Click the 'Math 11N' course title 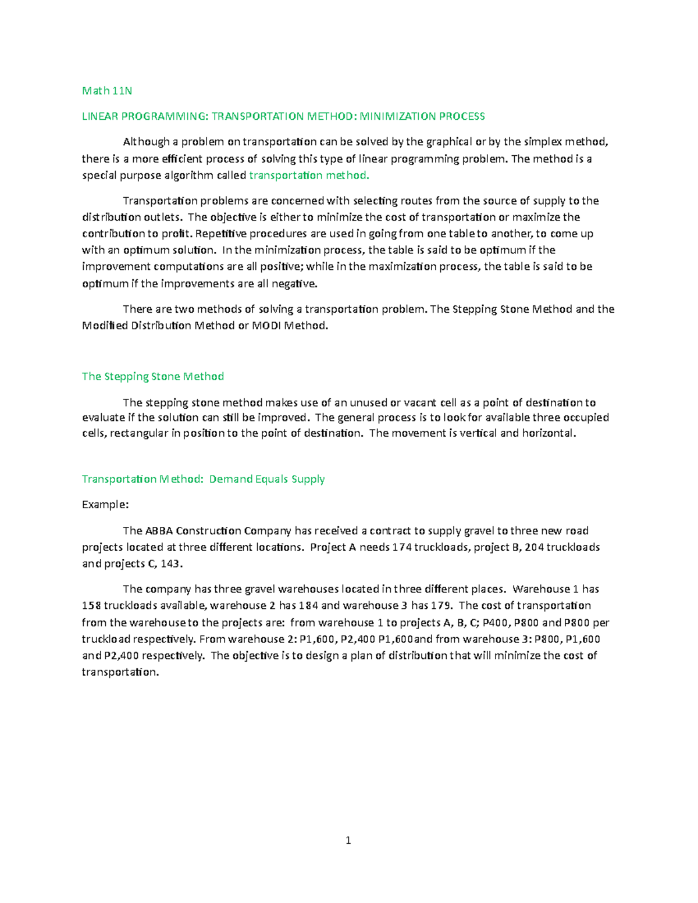pyautogui.click(x=107, y=90)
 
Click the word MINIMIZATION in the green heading pyautogui.click(x=397, y=116)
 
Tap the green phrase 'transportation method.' pyautogui.click(x=309, y=175)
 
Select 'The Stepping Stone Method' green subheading pyautogui.click(x=153, y=376)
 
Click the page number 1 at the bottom pyautogui.click(x=348, y=840)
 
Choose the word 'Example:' pyautogui.click(x=105, y=505)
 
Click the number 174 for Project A pyautogui.click(x=402, y=547)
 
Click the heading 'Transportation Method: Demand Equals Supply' pyautogui.click(x=203, y=479)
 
